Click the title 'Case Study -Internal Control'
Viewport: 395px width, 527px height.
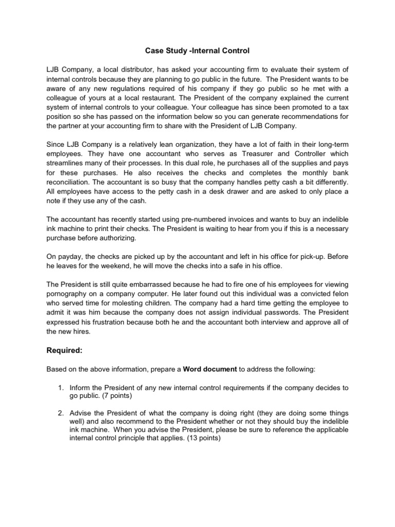pos(197,51)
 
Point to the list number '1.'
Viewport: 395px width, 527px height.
pos(61,387)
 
